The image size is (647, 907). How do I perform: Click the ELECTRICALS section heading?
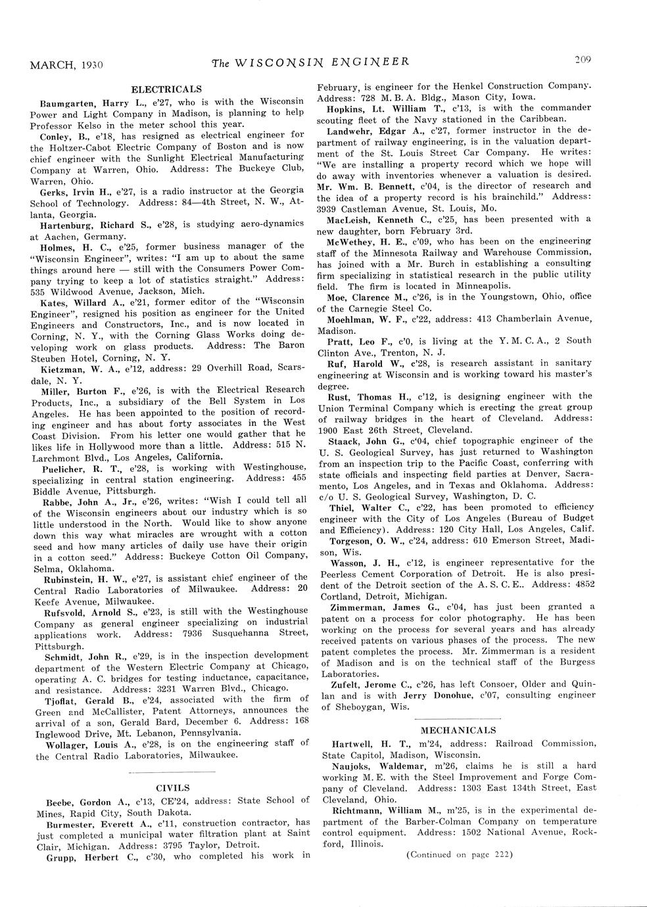tap(166, 89)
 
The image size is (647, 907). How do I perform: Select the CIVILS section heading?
tap(172, 787)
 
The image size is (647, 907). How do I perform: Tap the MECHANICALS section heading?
tap(458, 730)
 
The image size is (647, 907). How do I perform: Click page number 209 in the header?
tap(583, 60)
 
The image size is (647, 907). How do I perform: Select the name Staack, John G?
tap(367, 440)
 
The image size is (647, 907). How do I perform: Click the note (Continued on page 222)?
tap(459, 854)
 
